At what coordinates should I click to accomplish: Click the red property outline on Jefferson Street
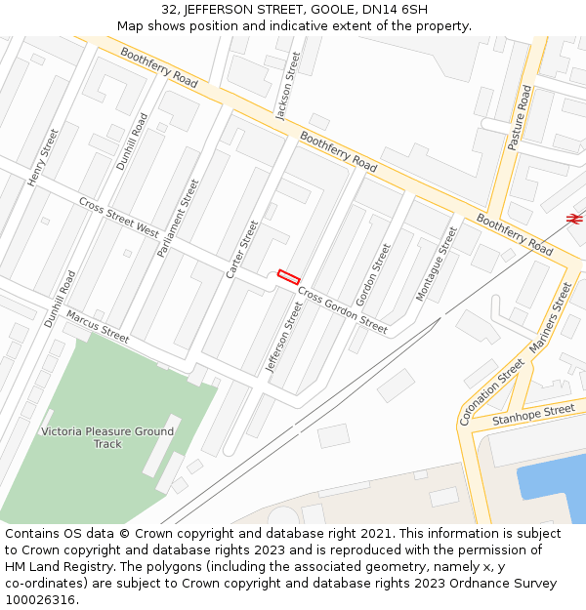tap(287, 276)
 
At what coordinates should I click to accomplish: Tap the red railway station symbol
tap(574, 219)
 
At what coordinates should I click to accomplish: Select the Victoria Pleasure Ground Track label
tap(107, 437)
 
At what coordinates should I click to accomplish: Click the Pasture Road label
tap(520, 117)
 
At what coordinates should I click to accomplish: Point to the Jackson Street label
tap(288, 87)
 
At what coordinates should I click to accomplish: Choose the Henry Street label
tap(43, 157)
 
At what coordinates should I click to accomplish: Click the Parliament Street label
tap(178, 218)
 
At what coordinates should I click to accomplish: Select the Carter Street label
tap(242, 249)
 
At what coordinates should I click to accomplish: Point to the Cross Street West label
tap(119, 218)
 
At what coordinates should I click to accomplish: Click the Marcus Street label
tap(98, 326)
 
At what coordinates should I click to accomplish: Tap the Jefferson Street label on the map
tap(284, 337)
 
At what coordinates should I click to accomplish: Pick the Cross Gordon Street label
tap(343, 310)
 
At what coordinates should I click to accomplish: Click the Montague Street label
tap(437, 263)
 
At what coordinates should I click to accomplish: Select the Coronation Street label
tap(490, 391)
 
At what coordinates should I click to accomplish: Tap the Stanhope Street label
tap(533, 416)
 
